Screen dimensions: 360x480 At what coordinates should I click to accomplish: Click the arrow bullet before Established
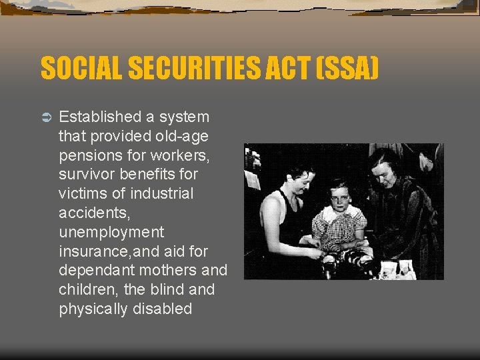click(45, 117)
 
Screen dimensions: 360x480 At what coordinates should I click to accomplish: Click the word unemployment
click(111, 233)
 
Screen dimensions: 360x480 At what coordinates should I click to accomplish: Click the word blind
click(168, 290)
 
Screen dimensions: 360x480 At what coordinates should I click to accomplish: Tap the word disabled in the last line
click(162, 309)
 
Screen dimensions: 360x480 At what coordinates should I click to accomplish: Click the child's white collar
click(341, 212)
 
